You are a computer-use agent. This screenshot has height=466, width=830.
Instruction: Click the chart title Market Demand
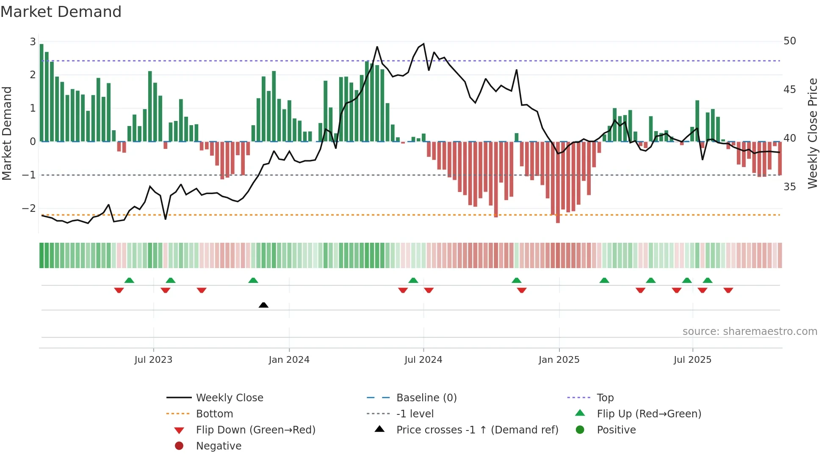point(61,12)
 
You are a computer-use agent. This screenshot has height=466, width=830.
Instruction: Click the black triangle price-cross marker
point(263,305)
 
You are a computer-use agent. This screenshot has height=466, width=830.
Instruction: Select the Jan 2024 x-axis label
point(289,359)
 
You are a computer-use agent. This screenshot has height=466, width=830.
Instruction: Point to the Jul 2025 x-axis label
point(692,359)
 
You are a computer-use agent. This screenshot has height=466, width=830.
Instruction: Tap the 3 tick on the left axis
point(33,41)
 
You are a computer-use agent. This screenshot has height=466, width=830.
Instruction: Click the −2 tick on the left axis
point(29,208)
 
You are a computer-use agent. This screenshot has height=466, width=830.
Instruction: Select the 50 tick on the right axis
point(789,41)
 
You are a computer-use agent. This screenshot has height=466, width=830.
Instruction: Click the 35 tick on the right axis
point(789,186)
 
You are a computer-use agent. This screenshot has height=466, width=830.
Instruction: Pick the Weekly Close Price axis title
point(812,133)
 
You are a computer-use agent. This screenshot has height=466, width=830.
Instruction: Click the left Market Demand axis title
point(7,133)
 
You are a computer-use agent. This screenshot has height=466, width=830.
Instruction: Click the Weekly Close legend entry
point(229,397)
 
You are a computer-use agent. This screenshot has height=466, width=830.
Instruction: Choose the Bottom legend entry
point(214,414)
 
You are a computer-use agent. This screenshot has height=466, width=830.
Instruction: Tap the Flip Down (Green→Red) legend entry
point(255,430)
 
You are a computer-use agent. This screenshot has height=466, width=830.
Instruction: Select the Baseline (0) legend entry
point(426,397)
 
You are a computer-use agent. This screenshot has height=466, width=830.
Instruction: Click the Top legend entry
point(605,397)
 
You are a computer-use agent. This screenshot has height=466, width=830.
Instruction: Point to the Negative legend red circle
point(179,446)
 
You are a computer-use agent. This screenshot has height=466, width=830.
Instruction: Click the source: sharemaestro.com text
point(750,331)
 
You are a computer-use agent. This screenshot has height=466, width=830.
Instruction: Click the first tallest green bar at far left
point(41,93)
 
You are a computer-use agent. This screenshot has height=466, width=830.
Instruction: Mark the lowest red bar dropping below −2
point(558,182)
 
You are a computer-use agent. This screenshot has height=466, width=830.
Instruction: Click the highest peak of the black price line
point(423,44)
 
